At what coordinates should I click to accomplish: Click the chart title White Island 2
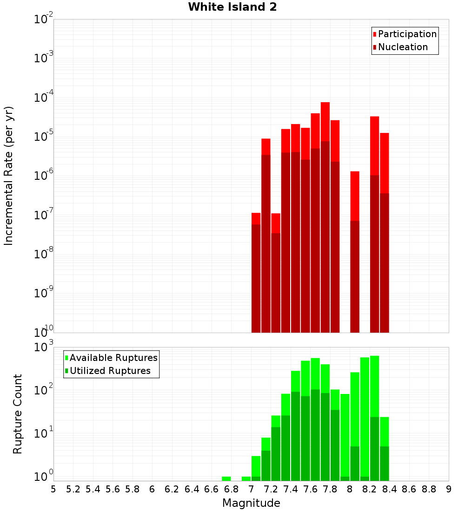coord(232,7)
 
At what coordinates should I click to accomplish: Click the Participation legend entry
coord(407,34)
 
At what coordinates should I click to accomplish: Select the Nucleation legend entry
coord(403,47)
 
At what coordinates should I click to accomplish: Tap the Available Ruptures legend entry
coord(113,358)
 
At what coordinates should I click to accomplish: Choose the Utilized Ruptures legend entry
coord(110,371)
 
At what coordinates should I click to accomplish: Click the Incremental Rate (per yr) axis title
coord(9,176)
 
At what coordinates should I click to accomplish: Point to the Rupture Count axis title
coord(18,414)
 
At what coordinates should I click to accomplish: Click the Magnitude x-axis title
coord(251,503)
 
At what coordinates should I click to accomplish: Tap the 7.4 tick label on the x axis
coord(291,489)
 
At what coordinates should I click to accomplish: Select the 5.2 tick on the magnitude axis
coord(73,489)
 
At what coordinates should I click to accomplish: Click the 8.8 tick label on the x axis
coord(429,489)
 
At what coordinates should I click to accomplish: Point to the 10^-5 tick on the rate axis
coord(44,137)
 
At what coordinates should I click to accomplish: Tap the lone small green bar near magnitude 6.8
coord(226,478)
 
